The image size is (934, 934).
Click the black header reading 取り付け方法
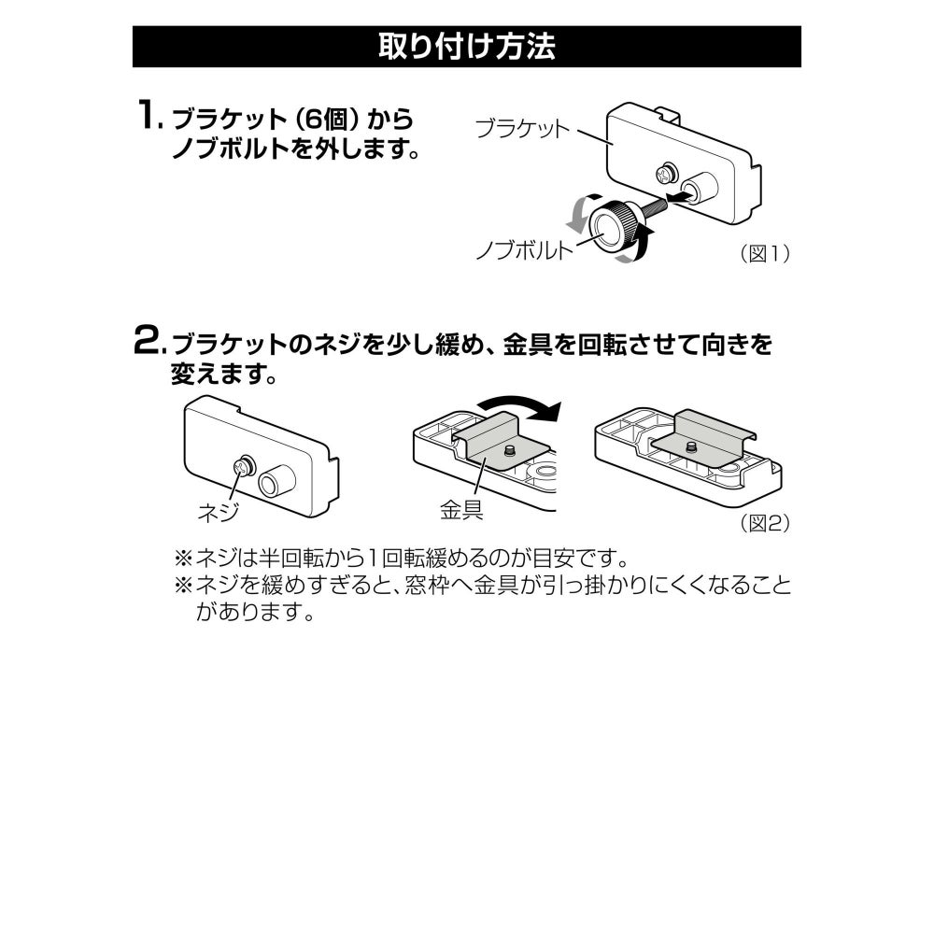click(466, 47)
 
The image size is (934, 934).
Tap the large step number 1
click(148, 115)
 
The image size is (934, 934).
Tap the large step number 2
click(147, 341)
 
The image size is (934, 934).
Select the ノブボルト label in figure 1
click(524, 249)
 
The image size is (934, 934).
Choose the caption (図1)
click(765, 254)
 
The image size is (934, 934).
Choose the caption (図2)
click(765, 523)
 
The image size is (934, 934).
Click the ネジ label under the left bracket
click(219, 512)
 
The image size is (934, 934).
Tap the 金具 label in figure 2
click(461, 510)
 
